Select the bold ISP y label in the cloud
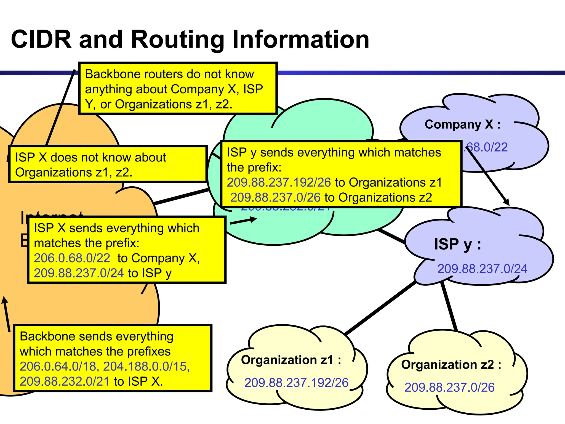pos(457,245)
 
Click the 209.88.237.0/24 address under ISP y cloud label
pos(482,269)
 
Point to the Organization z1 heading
pos(291,360)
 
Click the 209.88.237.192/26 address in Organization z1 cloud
pos(296,383)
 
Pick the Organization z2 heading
pos(451,365)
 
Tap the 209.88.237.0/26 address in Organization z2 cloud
pos(449,388)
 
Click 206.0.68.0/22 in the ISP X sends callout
pos(72,258)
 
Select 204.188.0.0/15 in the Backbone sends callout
pos(146,367)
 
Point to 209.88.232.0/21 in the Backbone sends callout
pos(65,381)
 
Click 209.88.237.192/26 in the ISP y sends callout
pos(279,182)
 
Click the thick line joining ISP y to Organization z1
pos(381,308)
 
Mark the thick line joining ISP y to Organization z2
pos(449,306)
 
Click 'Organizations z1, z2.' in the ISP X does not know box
pos(74,173)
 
